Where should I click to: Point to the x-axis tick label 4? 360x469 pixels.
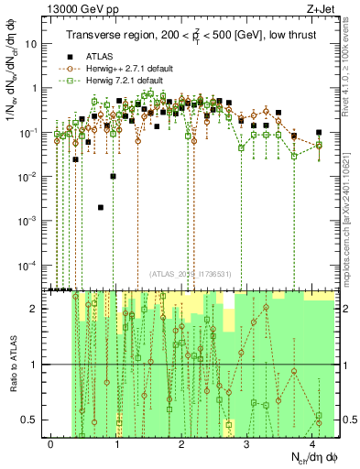pos(313,442)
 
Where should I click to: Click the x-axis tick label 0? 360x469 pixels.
pos(51,442)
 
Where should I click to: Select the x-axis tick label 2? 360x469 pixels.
pos(182,442)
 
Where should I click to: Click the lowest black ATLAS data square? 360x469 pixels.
pos(100,208)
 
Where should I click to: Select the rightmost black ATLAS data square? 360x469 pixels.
pos(319,133)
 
